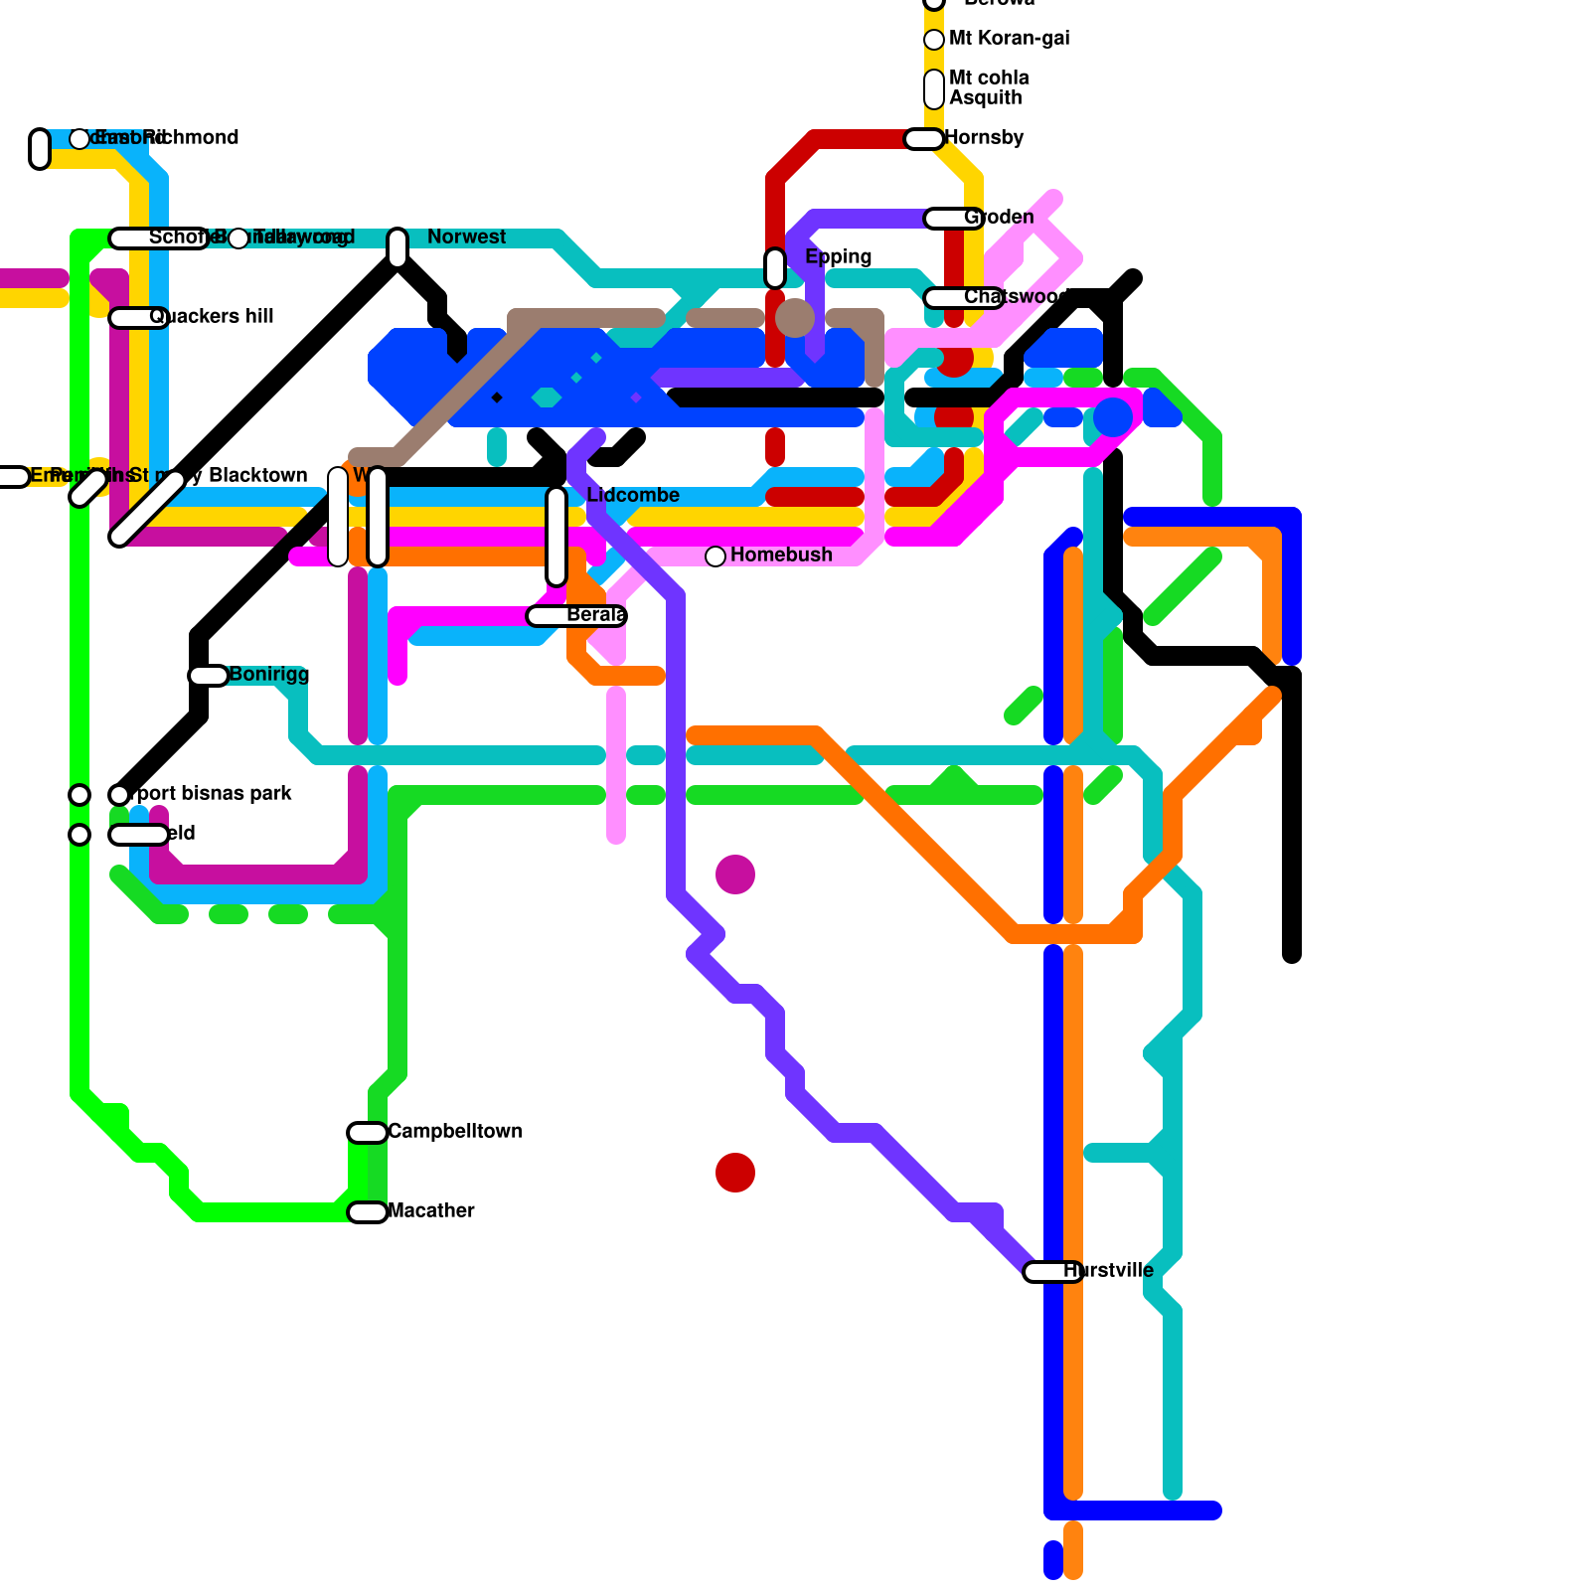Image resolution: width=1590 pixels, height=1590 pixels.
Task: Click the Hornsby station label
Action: (x=984, y=137)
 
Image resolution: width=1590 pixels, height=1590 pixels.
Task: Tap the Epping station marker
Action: (x=775, y=267)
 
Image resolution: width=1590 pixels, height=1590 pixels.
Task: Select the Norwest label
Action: (x=466, y=237)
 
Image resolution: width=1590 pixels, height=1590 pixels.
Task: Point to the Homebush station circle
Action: (x=715, y=556)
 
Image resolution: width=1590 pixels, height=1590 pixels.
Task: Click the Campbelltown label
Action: (x=454, y=1131)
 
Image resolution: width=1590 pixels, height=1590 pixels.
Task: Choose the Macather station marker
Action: (x=368, y=1212)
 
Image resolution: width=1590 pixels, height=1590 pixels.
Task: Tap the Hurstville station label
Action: (x=1108, y=1270)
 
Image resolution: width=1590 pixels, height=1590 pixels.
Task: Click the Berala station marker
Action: (x=576, y=616)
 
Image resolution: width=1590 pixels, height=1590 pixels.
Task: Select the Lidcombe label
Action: (x=633, y=495)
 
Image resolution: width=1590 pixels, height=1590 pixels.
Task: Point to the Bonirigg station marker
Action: (x=209, y=676)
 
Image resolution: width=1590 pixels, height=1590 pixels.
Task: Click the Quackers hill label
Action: (x=212, y=316)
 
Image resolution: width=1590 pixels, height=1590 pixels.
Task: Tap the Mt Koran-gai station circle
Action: (x=934, y=40)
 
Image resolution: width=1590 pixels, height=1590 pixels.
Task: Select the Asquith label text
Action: (x=985, y=97)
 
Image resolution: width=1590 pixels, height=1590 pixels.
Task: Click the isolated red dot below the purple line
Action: (x=735, y=1173)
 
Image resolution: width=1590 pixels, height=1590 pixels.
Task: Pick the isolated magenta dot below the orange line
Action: (x=735, y=874)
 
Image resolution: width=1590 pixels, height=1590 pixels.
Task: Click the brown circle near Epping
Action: (x=795, y=318)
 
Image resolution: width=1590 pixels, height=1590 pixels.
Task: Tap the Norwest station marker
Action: (x=397, y=247)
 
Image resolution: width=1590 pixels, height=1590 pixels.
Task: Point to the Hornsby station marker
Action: (x=924, y=139)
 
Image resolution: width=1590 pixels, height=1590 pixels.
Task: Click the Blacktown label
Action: (x=257, y=475)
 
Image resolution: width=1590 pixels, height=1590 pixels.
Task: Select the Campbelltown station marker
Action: (x=368, y=1133)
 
